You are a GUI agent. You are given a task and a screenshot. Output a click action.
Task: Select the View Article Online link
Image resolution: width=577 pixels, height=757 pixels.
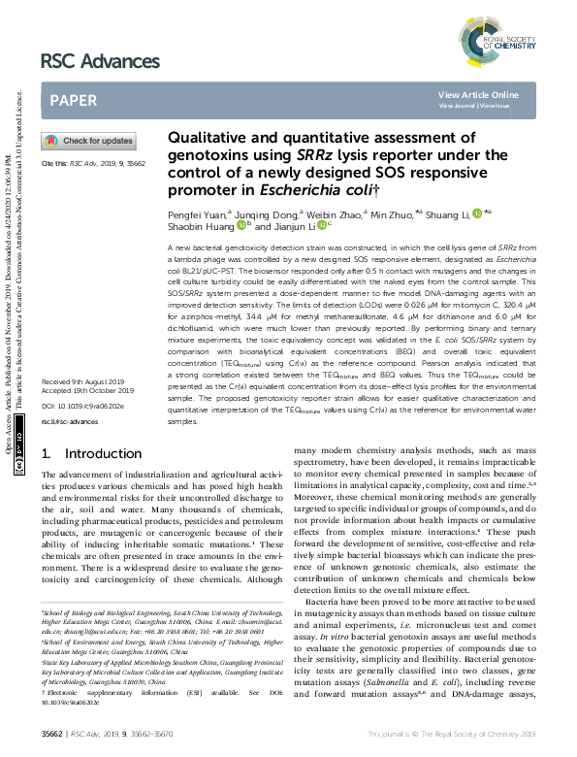[x=478, y=94]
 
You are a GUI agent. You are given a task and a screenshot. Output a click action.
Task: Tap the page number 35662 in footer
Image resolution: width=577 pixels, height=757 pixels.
[x=50, y=737]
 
